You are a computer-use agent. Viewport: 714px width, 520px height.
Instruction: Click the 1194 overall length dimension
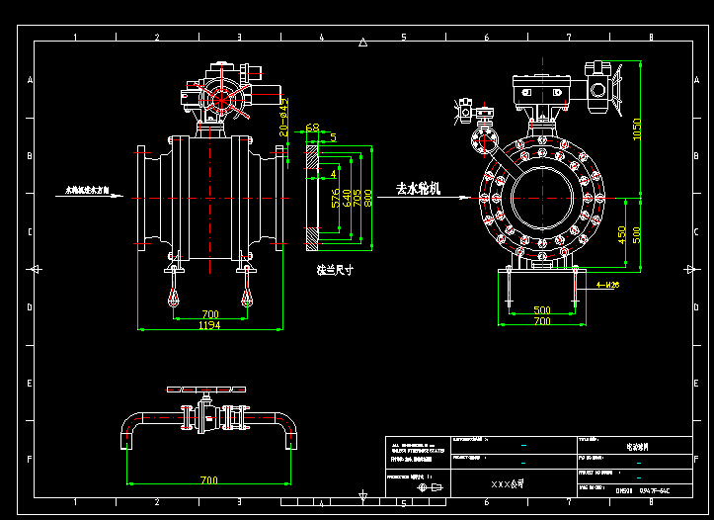coord(209,324)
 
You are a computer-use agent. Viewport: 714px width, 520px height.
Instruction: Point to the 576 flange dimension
coord(336,197)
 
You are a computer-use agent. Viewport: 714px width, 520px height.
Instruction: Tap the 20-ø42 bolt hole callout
coord(284,117)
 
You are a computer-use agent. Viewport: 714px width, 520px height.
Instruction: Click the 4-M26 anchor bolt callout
coord(608,285)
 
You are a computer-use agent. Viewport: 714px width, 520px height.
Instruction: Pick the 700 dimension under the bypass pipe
coord(208,479)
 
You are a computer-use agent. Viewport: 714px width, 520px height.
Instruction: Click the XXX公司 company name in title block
coord(507,485)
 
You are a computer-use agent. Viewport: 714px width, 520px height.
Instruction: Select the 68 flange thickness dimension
coord(312,128)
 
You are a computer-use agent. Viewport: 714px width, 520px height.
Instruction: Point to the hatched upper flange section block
coord(311,157)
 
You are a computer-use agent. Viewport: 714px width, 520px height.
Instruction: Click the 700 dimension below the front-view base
coord(541,321)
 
